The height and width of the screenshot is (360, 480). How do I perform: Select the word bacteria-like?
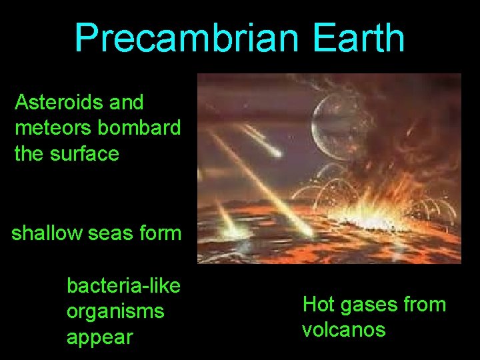(x=123, y=286)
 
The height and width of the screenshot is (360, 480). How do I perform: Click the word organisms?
(x=115, y=311)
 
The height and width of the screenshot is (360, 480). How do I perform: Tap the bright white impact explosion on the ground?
(x=363, y=223)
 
